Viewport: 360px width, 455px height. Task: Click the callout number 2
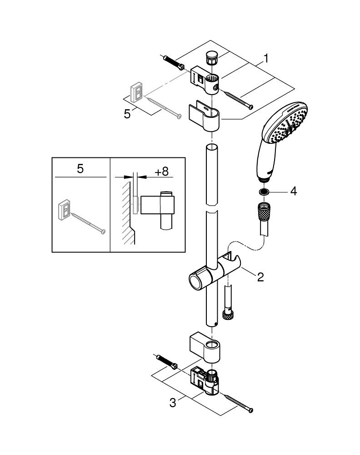[260, 277]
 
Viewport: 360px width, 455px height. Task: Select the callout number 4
[293, 191]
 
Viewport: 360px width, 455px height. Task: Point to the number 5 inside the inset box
[80, 169]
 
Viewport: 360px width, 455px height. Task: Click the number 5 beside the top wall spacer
[127, 114]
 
